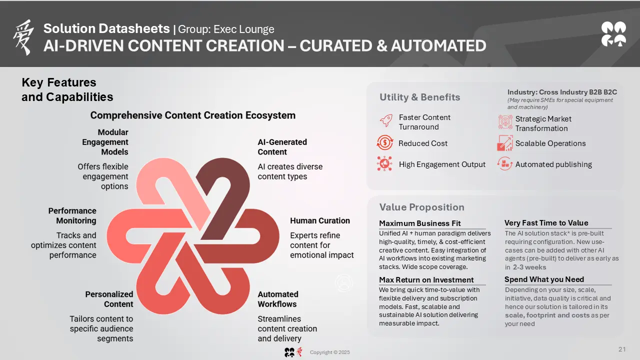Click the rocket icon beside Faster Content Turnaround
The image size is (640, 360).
[385, 120]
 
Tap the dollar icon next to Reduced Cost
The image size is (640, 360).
[384, 142]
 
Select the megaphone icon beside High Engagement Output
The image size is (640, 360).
[384, 163]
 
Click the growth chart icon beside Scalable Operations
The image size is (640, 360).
[504, 143]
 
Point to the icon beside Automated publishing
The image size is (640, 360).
[504, 163]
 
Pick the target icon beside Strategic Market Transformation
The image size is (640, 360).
[505, 122]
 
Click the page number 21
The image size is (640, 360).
[622, 349]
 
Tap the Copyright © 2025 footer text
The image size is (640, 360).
[329, 352]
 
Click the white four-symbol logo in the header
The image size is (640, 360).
[613, 34]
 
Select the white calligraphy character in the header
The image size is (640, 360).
[23, 37]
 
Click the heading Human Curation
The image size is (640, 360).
[319, 220]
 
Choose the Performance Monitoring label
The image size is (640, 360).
[72, 215]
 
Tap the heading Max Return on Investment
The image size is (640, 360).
[426, 279]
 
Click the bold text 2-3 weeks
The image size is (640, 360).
[529, 267]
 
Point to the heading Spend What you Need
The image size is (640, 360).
[544, 279]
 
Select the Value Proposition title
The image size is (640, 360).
[421, 207]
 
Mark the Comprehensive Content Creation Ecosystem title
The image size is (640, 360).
[193, 115]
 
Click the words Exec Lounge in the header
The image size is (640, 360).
[243, 29]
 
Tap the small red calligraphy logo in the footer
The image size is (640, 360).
[299, 351]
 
